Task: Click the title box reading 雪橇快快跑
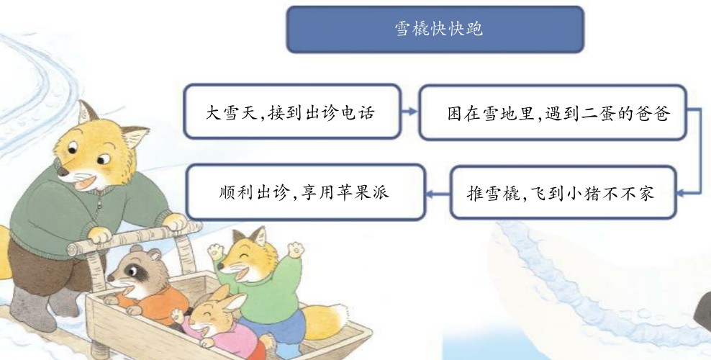point(435,30)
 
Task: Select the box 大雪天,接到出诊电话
point(292,112)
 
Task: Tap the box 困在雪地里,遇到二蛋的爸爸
point(553,112)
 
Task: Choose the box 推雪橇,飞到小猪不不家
point(563,193)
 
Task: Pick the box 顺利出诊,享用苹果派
point(306,192)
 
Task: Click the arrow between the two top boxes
point(410,112)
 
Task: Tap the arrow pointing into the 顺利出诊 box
point(438,194)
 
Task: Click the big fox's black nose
point(63,171)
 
